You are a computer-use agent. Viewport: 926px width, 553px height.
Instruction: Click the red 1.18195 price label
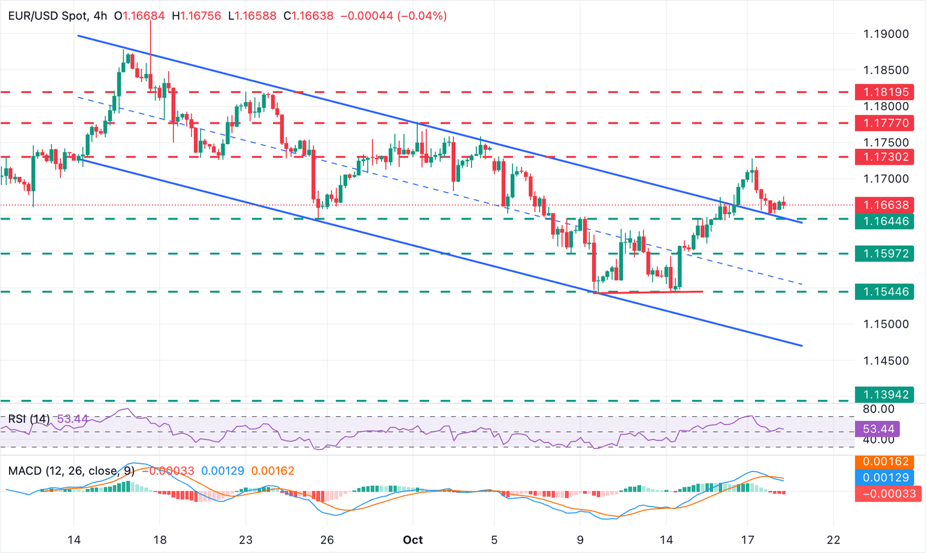(x=884, y=92)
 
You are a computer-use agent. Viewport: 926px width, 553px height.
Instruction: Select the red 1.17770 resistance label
(x=884, y=124)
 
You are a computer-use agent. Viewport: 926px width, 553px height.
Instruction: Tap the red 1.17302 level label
(x=884, y=157)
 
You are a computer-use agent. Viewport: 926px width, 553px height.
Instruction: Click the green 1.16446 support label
(x=884, y=221)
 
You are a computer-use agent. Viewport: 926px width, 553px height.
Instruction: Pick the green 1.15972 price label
(x=884, y=254)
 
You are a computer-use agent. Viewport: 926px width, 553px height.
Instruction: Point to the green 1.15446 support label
(x=884, y=292)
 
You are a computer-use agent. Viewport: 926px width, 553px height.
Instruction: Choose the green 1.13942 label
(x=884, y=395)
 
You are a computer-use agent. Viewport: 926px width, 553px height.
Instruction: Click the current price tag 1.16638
(x=884, y=205)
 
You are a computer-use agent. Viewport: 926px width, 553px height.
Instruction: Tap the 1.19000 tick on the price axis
(x=886, y=34)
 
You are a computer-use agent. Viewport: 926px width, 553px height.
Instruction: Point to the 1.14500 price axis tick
(x=886, y=361)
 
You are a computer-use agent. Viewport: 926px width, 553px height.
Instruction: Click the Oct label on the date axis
(x=413, y=540)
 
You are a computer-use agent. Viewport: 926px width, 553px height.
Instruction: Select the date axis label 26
(x=327, y=540)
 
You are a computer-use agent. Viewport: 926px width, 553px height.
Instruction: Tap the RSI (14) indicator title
(x=29, y=419)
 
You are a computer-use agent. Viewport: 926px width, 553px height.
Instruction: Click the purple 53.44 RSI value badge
(x=878, y=429)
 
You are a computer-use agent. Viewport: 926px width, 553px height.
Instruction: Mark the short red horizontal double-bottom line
(x=648, y=292)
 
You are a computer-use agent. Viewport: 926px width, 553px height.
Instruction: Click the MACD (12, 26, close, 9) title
(x=71, y=471)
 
